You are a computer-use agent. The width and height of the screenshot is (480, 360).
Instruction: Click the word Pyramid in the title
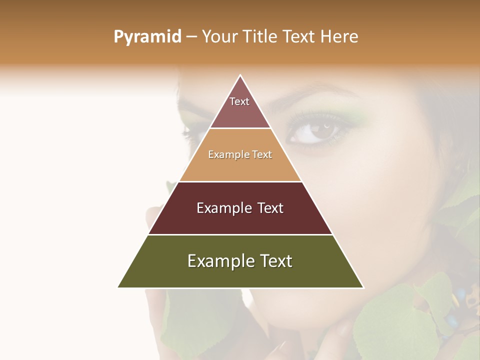click(x=147, y=37)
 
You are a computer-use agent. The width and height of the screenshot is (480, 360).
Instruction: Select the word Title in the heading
click(x=259, y=36)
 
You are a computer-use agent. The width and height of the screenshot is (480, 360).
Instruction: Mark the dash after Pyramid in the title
click(x=191, y=37)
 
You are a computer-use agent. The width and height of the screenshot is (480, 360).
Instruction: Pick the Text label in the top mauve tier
click(x=239, y=101)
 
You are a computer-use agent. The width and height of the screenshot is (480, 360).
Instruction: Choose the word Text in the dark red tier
click(x=270, y=208)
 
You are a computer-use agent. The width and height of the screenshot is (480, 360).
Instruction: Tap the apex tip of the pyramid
click(x=240, y=75)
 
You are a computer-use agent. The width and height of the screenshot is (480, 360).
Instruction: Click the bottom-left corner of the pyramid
click(x=118, y=287)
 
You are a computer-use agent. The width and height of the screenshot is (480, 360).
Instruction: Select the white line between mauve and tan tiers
click(x=240, y=128)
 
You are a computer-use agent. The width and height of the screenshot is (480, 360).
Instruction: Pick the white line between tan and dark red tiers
click(x=240, y=181)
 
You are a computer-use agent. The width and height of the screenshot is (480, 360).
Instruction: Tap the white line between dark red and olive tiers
click(x=240, y=234)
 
